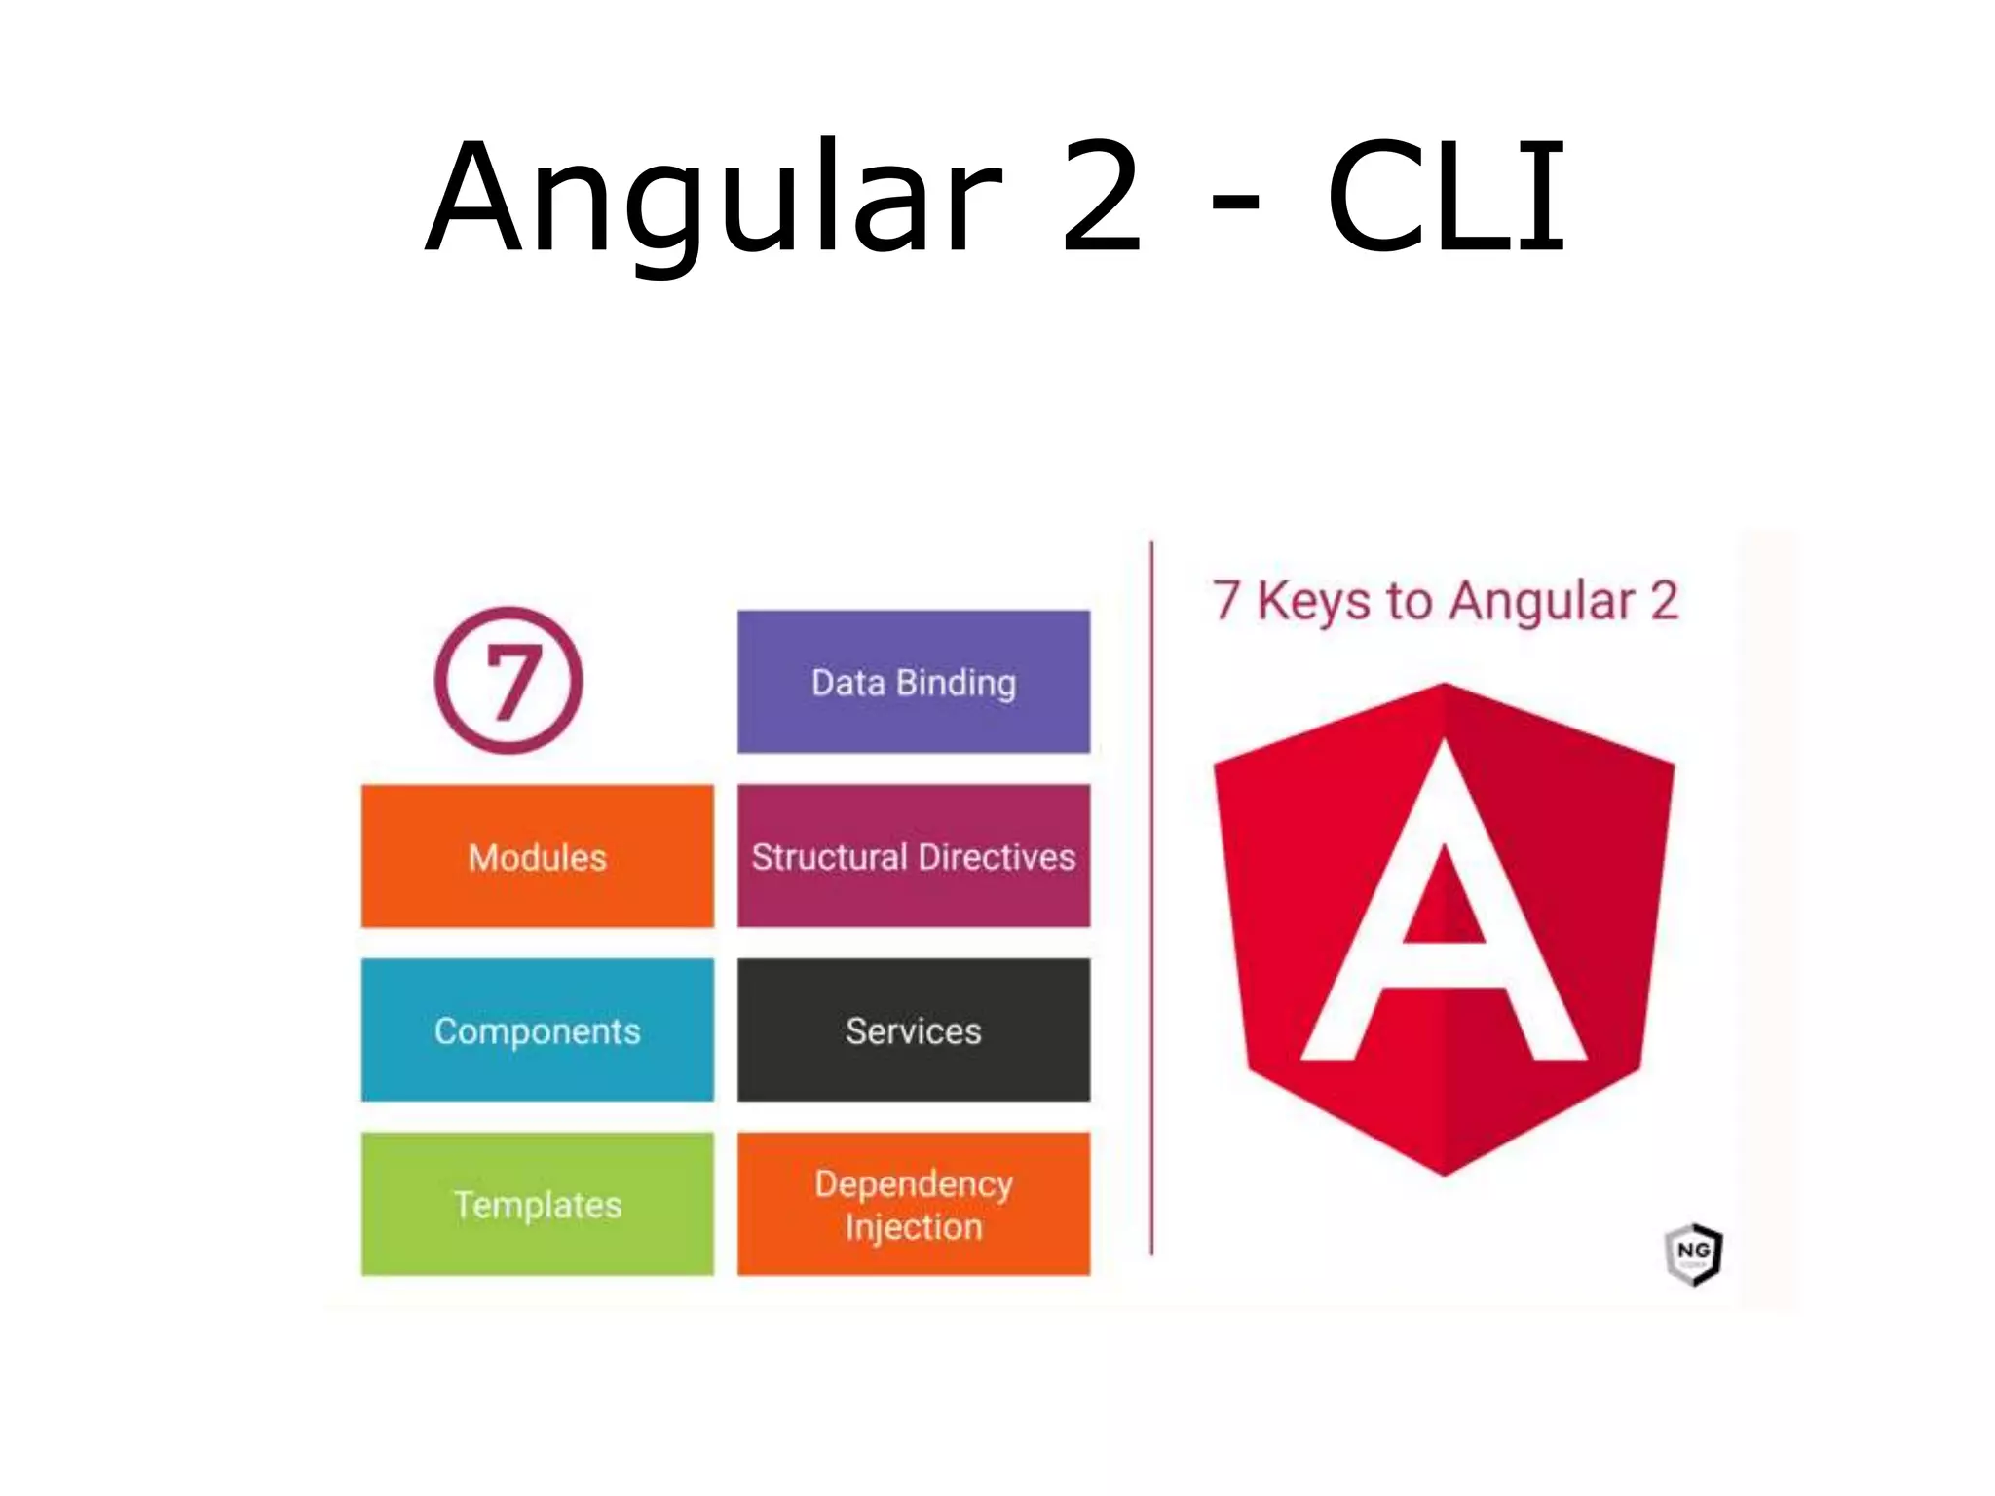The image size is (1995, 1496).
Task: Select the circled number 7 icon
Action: point(508,681)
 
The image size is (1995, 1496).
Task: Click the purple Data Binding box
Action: point(914,682)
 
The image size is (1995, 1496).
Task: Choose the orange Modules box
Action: point(538,856)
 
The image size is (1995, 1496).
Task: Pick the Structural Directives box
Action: point(914,856)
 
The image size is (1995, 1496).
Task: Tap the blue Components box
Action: point(538,1030)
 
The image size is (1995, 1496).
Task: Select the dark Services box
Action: point(914,1030)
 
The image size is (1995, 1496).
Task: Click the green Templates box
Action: point(538,1204)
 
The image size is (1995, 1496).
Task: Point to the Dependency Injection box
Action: point(914,1204)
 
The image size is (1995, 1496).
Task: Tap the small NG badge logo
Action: point(1694,1254)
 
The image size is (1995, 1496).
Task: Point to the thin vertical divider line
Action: point(1151,896)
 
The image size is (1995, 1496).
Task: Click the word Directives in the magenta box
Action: point(997,857)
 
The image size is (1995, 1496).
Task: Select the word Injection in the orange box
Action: point(914,1227)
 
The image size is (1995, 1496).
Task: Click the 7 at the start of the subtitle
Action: point(1226,600)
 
